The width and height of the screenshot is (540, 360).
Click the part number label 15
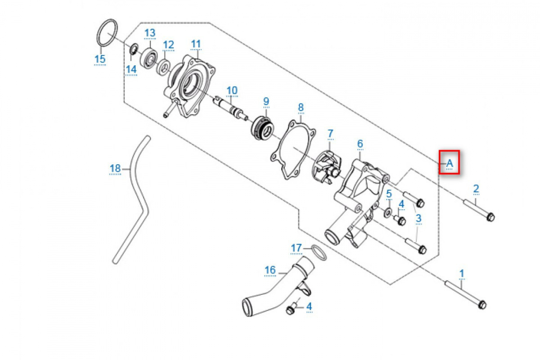[99, 59]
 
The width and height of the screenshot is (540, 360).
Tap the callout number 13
[149, 33]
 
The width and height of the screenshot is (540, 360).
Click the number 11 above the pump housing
[196, 44]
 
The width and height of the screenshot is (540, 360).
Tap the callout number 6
[360, 144]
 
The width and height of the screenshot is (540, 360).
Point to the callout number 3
[418, 219]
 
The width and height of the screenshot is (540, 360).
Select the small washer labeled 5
[387, 211]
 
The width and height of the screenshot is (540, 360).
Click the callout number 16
[270, 270]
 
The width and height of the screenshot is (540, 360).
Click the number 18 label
[115, 168]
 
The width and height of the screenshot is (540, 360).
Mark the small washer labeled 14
[134, 49]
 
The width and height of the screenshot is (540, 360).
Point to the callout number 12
[168, 45]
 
